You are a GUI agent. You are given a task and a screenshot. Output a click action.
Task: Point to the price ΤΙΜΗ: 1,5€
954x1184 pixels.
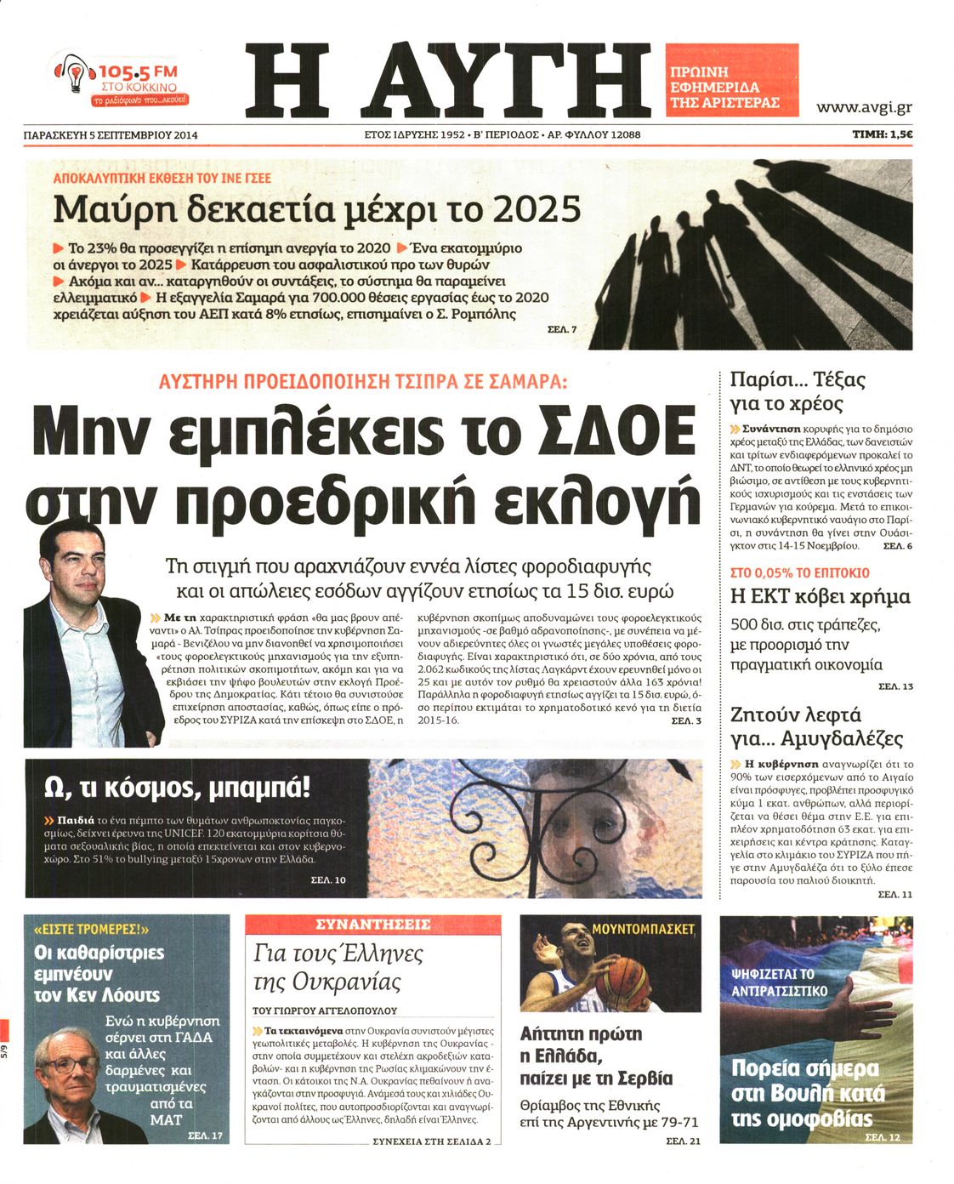coord(882,134)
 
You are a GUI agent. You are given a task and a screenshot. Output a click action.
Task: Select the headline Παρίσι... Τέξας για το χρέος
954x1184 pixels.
coord(797,391)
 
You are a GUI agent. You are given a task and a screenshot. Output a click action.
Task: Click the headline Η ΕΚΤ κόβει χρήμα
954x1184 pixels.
coord(820,596)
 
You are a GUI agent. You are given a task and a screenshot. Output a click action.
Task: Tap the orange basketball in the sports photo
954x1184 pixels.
coord(623,980)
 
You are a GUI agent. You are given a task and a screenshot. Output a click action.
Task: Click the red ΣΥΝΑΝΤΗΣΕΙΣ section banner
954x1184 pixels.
coord(372,925)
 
